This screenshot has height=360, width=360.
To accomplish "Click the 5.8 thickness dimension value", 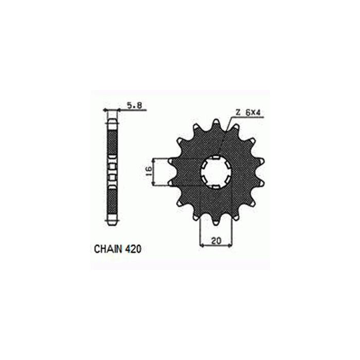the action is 135,105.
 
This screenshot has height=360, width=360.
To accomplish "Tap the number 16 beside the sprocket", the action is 149,171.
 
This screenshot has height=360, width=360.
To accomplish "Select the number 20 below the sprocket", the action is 216,240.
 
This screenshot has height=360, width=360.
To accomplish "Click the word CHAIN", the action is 108,249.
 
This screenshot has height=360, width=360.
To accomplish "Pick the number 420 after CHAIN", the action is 133,249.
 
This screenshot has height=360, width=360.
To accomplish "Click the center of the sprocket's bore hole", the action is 217,172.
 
